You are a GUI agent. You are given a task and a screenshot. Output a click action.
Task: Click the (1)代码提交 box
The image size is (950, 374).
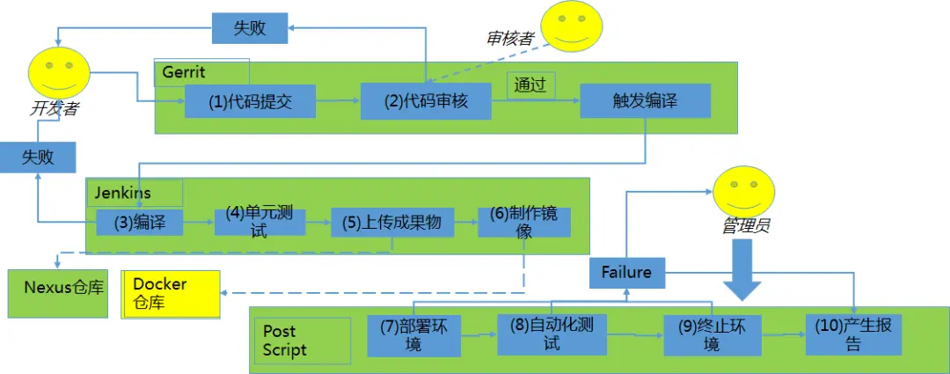(x=250, y=101)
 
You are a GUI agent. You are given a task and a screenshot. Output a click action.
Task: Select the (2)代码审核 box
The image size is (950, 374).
(x=426, y=101)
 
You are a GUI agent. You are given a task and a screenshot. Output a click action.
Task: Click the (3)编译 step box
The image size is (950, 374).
(x=139, y=222)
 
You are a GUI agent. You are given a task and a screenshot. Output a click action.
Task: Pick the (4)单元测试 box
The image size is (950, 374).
(x=259, y=222)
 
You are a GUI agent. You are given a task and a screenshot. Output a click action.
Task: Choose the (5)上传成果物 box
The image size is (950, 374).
(x=391, y=222)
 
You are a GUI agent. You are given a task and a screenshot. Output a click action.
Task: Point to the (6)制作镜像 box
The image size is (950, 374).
(x=523, y=222)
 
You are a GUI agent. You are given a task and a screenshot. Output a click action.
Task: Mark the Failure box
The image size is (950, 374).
(x=626, y=272)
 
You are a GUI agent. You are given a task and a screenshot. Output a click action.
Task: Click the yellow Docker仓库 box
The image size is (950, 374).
(x=171, y=294)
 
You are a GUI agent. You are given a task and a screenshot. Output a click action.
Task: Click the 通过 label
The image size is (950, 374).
(x=530, y=85)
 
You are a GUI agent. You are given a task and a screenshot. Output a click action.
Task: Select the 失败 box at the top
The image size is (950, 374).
(x=250, y=28)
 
